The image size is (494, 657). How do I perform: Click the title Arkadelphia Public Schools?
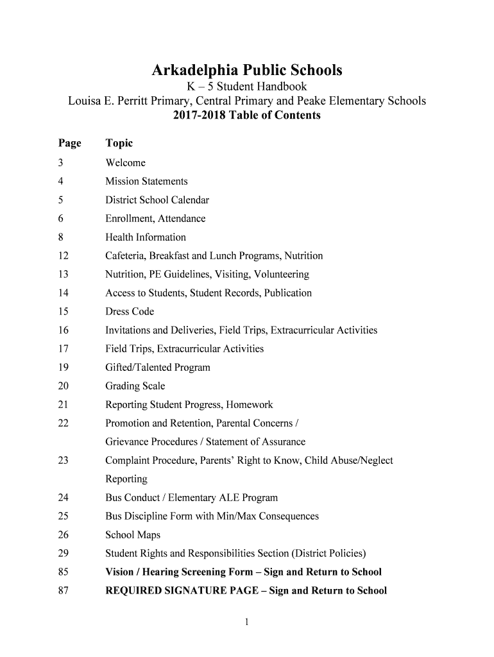point(247,70)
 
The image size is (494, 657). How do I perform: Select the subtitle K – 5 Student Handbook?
point(247,87)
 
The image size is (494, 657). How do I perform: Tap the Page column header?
point(69,143)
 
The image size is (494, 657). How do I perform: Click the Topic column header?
point(119,143)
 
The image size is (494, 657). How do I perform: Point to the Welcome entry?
point(125,163)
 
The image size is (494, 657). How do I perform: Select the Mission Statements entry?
point(146,182)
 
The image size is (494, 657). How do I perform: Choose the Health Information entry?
point(146,237)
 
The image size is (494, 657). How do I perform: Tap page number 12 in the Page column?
point(62,256)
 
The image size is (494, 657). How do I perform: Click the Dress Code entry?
point(130,312)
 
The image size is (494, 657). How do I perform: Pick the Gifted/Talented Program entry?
point(158,368)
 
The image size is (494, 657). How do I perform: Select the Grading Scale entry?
point(135,386)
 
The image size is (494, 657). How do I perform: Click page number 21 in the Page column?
point(62,405)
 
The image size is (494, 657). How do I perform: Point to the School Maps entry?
point(133,535)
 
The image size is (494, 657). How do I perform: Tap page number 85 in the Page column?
point(62,572)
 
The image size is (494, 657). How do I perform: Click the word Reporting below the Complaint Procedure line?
point(126,479)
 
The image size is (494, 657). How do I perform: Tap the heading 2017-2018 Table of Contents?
point(247,116)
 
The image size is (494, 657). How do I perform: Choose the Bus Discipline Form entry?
point(212,516)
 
